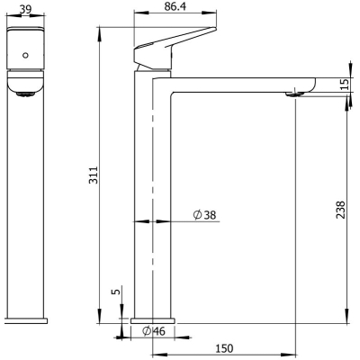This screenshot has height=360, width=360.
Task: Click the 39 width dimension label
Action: (x=25, y=9)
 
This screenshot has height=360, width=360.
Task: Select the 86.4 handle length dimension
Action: (x=175, y=6)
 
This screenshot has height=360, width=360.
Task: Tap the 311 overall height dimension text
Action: (x=94, y=175)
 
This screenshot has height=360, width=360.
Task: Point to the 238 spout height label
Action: (x=341, y=210)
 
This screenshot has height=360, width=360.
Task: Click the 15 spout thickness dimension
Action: (x=346, y=85)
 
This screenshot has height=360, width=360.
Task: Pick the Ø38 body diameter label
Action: (x=204, y=215)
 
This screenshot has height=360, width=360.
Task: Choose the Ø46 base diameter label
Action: (x=154, y=331)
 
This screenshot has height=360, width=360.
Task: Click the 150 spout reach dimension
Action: (x=224, y=348)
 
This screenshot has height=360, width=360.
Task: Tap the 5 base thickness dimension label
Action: (x=117, y=291)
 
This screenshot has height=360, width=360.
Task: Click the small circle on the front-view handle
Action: (x=25, y=55)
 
